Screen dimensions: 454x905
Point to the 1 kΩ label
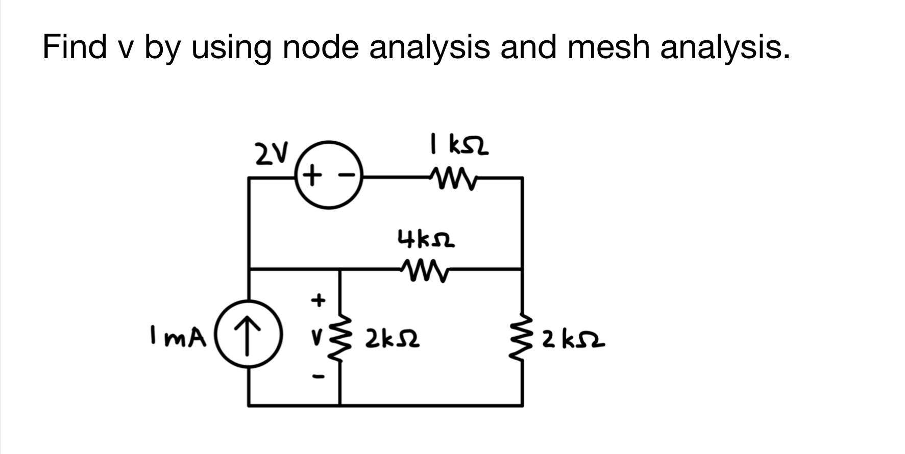(x=459, y=145)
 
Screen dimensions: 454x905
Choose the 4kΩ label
(x=426, y=239)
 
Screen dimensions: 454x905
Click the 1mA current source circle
(x=248, y=335)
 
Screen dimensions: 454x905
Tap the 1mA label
(x=178, y=337)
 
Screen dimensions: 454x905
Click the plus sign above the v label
(x=318, y=300)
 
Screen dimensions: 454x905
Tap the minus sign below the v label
(x=318, y=377)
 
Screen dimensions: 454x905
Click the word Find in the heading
(x=75, y=47)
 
